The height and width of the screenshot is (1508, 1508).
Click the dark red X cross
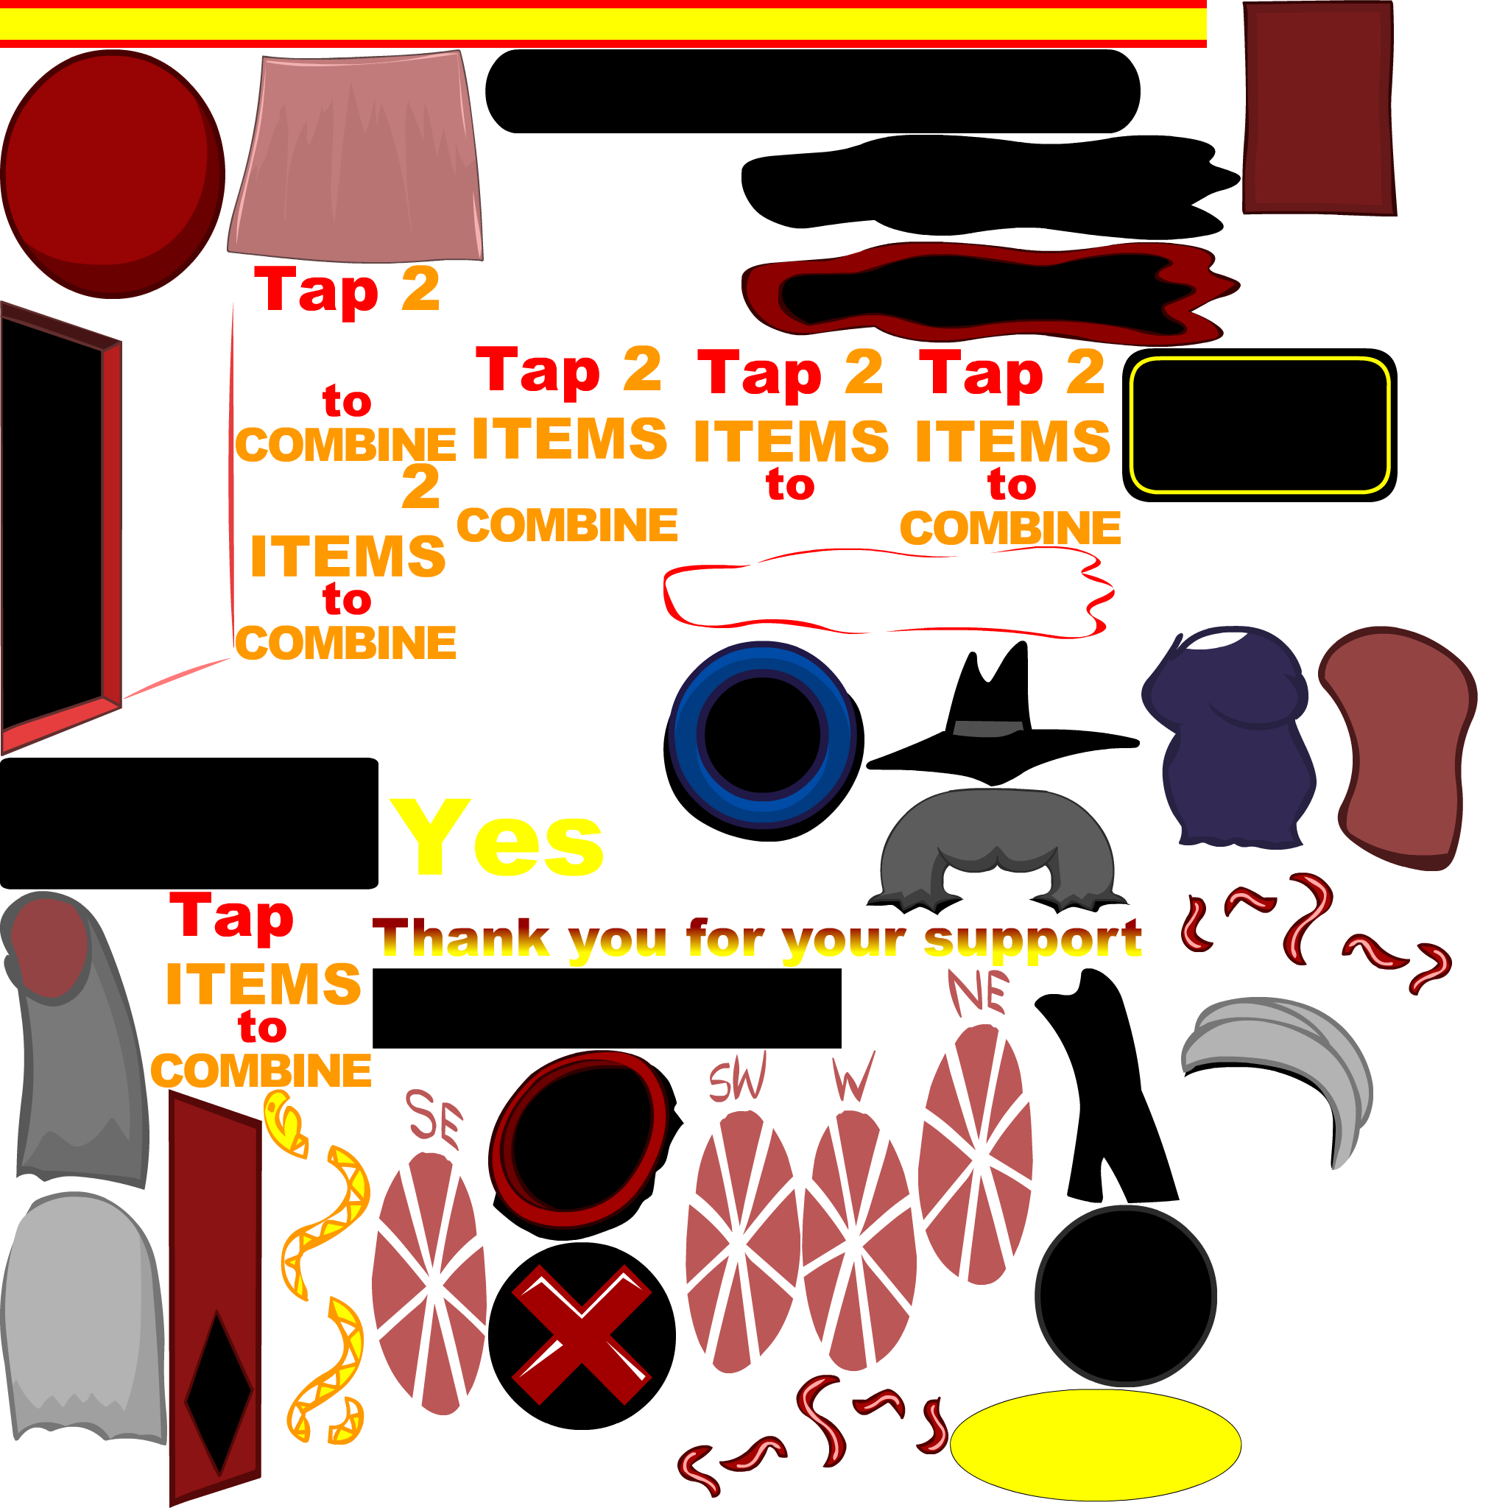coord(581,1334)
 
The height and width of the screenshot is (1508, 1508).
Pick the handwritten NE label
coord(977,991)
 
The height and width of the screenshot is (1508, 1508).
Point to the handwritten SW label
coord(737,1077)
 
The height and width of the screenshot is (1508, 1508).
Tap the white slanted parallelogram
coord(1314,1284)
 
